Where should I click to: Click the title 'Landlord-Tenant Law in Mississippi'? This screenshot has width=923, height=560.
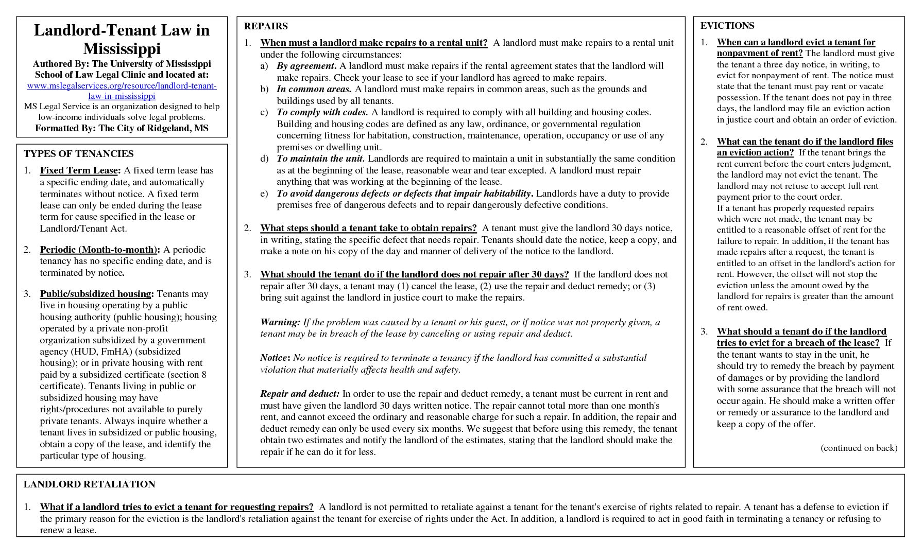tap(122, 39)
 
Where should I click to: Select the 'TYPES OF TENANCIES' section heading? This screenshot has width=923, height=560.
tap(78, 154)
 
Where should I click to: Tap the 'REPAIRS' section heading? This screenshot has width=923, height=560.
tap(266, 26)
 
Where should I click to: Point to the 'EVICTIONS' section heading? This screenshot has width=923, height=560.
tap(727, 26)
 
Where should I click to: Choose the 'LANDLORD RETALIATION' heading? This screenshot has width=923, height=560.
tap(89, 484)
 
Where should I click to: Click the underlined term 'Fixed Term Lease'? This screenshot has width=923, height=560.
tap(79, 170)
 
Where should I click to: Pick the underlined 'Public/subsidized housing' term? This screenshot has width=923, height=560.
tap(96, 294)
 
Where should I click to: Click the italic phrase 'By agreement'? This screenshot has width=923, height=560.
tap(306, 66)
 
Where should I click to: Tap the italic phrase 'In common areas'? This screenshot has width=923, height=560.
tap(314, 89)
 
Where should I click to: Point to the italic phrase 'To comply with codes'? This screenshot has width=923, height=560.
tap(322, 112)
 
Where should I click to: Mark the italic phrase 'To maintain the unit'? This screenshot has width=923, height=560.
tap(320, 159)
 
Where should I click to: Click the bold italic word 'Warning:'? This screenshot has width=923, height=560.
tap(280, 322)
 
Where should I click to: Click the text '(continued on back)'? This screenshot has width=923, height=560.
tap(859, 448)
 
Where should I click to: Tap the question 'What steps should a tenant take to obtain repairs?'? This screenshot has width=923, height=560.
tap(368, 228)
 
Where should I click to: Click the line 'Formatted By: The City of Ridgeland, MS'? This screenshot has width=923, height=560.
tap(122, 128)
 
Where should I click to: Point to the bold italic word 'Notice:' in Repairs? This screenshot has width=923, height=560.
tap(275, 358)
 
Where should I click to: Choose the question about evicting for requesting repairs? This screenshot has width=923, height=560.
tap(177, 507)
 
